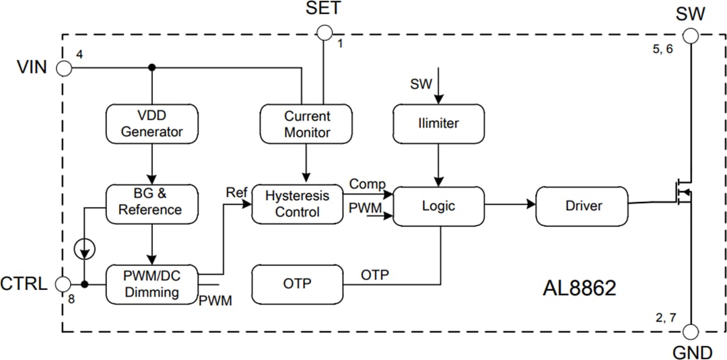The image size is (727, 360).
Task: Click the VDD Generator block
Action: click(152, 124)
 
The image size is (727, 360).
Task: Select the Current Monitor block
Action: click(306, 124)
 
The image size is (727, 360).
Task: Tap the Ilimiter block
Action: click(438, 124)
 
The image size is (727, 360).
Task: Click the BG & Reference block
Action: click(152, 202)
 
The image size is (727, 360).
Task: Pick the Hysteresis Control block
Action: click(297, 204)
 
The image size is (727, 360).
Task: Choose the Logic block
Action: click(438, 206)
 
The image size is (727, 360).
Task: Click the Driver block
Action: click(582, 206)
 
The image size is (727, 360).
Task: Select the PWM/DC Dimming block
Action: click(151, 285)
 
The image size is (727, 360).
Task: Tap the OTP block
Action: click(297, 284)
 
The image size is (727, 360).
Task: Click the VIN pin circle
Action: click(64, 68)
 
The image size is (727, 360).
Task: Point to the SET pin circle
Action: click(324, 32)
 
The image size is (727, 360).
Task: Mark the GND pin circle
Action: click(691, 332)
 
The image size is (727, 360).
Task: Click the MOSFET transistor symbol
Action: click(683, 195)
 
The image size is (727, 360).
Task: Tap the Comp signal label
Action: click(367, 184)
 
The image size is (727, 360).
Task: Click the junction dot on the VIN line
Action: click(152, 67)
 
